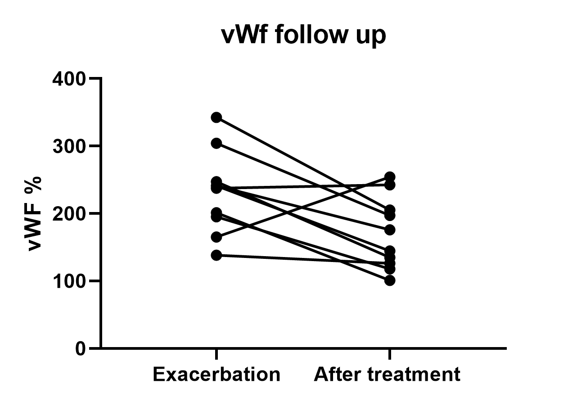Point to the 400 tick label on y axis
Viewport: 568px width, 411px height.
pos(69,79)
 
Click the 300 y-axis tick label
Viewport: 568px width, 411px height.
pos(69,146)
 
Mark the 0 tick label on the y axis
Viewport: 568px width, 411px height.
pos(81,348)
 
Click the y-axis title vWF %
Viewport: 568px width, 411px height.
pos(35,213)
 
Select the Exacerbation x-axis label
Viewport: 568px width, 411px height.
pos(216,375)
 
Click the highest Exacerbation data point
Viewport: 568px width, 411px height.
pos(216,117)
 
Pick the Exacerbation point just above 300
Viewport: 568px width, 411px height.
pos(216,144)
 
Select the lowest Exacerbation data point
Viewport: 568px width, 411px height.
pos(216,255)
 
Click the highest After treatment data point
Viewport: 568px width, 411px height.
pos(390,177)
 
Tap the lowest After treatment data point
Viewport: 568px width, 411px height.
pos(390,280)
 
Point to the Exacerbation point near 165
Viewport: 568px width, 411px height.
pos(216,237)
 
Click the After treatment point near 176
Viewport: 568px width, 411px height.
pos(390,230)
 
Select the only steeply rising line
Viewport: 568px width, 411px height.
pos(303,207)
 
